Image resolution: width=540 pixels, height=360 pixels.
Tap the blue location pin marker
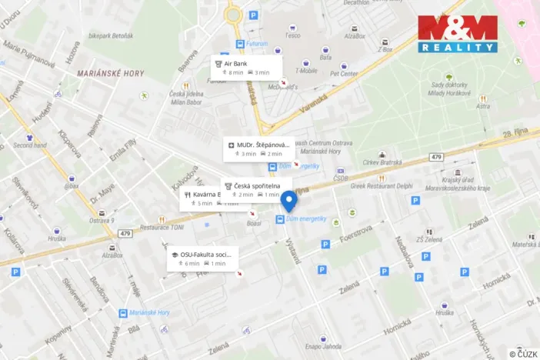(x=289, y=202)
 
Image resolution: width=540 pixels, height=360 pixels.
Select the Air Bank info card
(x=245, y=67)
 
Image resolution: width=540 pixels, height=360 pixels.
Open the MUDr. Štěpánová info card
(x=258, y=148)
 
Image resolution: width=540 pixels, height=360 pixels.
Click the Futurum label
(x=257, y=44)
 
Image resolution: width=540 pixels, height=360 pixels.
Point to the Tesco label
(x=292, y=35)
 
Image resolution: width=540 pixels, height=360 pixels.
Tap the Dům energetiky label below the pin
(x=308, y=219)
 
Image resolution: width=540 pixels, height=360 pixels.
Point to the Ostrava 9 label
(x=102, y=221)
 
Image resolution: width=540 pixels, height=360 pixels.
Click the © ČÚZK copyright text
(x=522, y=353)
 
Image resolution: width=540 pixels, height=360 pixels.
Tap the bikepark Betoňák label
(x=110, y=35)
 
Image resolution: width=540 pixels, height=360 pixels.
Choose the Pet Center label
(x=344, y=75)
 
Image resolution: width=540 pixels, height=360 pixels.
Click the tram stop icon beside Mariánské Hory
(x=122, y=313)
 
